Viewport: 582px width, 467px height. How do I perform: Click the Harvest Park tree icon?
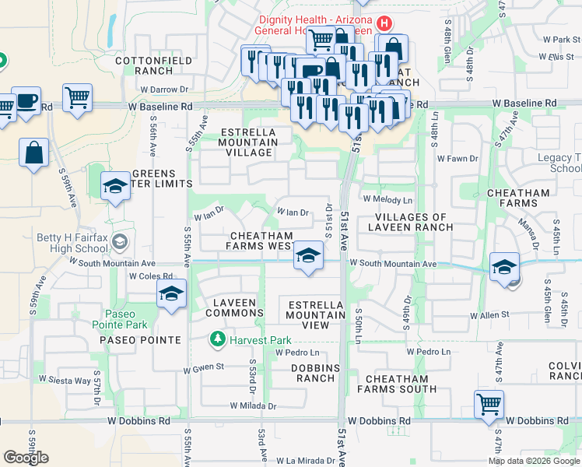coord(217,340)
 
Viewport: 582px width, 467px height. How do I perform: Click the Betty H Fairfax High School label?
coord(71,243)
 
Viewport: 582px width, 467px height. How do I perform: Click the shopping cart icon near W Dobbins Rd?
coord(489,404)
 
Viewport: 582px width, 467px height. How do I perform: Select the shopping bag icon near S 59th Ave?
coord(34,153)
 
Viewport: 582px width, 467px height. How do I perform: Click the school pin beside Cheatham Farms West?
coord(308,255)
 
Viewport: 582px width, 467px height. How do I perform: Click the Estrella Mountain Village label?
coord(248,142)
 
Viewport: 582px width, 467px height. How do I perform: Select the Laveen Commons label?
coord(235,307)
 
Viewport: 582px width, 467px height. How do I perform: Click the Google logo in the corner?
coord(26,458)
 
